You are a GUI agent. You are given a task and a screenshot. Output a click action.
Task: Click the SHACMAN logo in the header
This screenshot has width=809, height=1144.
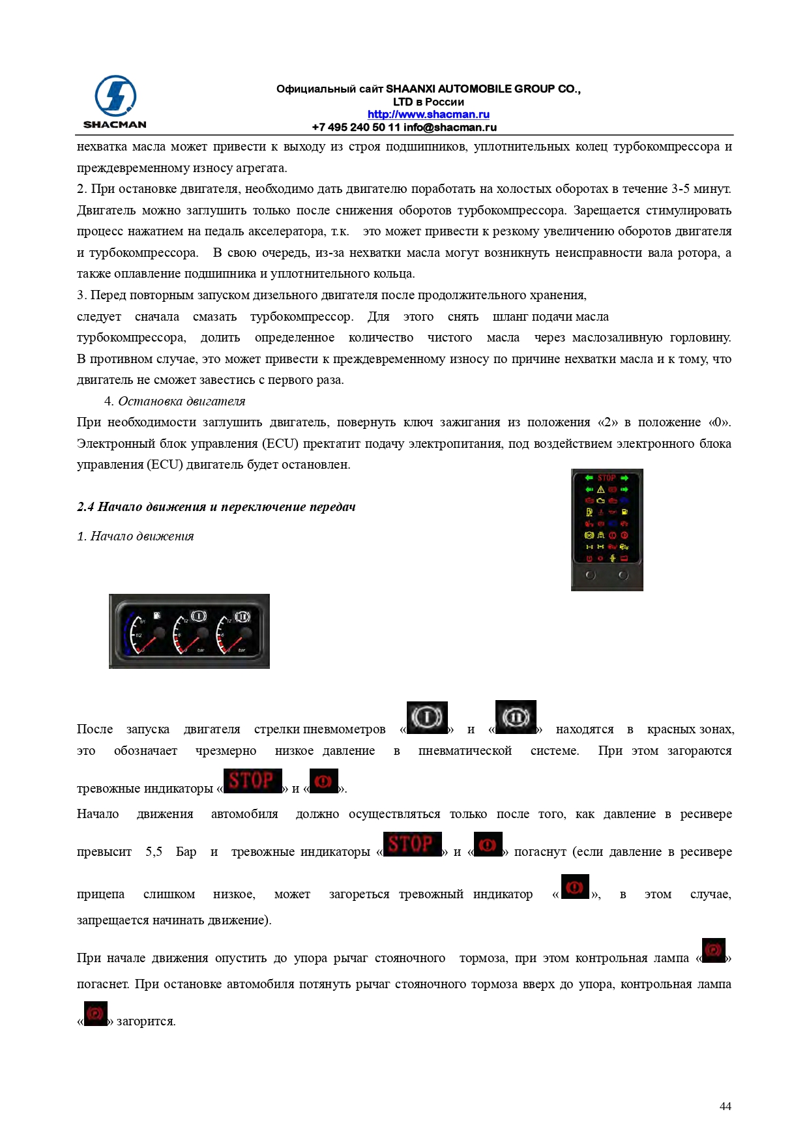[x=115, y=102]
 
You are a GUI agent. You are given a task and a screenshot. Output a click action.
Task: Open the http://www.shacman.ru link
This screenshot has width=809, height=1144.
[x=428, y=115]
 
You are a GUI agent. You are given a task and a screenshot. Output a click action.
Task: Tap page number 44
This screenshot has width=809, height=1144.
[x=725, y=1106]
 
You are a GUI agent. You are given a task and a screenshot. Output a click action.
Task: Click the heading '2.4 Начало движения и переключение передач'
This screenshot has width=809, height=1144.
[x=216, y=507]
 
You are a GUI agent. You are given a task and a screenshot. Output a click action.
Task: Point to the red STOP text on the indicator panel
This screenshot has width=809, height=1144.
[x=606, y=478]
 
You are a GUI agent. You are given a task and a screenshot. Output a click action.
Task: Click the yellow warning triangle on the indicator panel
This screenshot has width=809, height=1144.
[x=600, y=489]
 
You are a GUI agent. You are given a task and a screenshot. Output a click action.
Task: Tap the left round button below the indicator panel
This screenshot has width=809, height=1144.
[x=590, y=576]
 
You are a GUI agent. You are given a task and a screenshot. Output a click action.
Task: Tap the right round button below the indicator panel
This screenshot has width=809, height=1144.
[x=623, y=576]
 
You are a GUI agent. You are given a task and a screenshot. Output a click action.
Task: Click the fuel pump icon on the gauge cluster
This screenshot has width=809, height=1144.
[x=157, y=615]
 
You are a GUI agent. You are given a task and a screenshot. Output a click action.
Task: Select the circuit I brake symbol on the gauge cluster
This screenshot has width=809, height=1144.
[x=198, y=615]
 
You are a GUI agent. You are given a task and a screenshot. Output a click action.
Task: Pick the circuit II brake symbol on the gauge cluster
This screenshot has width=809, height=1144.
[x=242, y=616]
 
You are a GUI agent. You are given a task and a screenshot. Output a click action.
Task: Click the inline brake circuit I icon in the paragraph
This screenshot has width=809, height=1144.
[x=427, y=718]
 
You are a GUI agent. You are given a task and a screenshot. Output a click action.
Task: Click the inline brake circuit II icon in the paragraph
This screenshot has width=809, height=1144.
[x=516, y=717]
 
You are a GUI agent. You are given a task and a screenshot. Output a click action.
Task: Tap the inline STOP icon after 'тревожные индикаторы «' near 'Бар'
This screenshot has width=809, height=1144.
[x=412, y=844]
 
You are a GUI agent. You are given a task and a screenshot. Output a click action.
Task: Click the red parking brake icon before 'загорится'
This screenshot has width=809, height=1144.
[x=96, y=1014]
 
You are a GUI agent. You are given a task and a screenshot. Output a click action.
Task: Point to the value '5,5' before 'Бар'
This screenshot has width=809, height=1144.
[x=154, y=852]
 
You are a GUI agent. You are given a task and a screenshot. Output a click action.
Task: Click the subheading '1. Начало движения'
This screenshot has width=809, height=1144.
[x=136, y=536]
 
